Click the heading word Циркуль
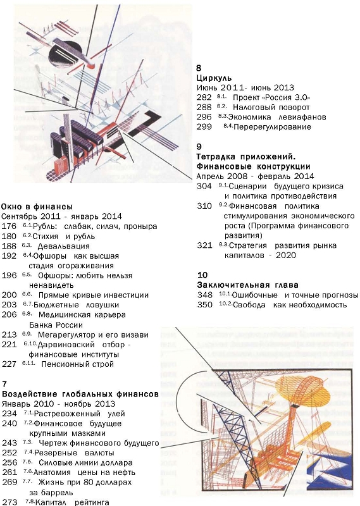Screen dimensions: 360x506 [214, 78]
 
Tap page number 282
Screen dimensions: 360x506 [204, 97]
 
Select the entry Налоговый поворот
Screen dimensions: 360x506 [271, 107]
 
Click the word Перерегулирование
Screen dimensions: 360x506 [272, 127]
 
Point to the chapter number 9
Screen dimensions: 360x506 [199, 147]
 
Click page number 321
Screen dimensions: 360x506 [205, 245]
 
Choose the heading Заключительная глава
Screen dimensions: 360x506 [247, 285]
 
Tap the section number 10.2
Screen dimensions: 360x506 [226, 304]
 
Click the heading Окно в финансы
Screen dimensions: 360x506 [37, 207]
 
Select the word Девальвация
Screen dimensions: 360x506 [64, 246]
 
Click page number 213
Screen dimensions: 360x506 [9, 335]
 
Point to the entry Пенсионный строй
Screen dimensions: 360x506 [77, 364]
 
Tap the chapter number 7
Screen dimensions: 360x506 [4, 384]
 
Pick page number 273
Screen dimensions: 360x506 [9, 502]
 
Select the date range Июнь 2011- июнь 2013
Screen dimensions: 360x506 [245, 88]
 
